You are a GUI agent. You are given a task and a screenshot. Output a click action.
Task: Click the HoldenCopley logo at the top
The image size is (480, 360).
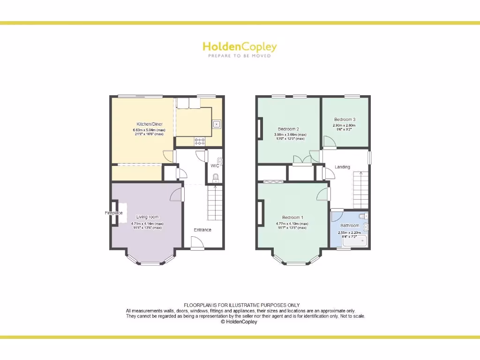[240, 46]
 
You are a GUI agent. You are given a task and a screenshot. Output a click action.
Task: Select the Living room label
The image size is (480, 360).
[147, 217]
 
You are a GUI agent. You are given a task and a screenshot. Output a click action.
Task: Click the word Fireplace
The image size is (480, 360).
[113, 213]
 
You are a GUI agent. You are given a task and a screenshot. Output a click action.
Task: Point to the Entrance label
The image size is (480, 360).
[202, 230]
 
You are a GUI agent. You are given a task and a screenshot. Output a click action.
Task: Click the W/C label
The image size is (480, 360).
[215, 165]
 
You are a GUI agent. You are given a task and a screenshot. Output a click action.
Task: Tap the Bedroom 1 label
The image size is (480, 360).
[292, 217]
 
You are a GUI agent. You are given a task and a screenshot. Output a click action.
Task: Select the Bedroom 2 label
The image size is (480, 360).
[288, 129]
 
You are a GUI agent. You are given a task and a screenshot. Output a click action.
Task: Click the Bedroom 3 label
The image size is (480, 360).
[345, 120]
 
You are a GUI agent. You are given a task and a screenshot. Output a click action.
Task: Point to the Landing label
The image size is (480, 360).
[342, 167]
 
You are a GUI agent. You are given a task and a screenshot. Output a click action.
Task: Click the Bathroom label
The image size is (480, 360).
[350, 225]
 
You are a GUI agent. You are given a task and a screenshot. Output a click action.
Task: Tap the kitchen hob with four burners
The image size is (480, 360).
[199, 141]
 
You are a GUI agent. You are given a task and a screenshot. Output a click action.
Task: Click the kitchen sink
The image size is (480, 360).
[217, 124]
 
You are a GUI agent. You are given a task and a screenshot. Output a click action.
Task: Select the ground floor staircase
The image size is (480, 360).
[215, 201]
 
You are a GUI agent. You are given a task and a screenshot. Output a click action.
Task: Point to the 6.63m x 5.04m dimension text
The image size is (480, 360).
[149, 130]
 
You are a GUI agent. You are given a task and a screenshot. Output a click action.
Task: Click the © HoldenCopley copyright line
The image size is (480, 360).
[239, 322]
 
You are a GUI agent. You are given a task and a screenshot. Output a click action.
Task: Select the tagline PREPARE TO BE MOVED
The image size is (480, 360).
[240, 56]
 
